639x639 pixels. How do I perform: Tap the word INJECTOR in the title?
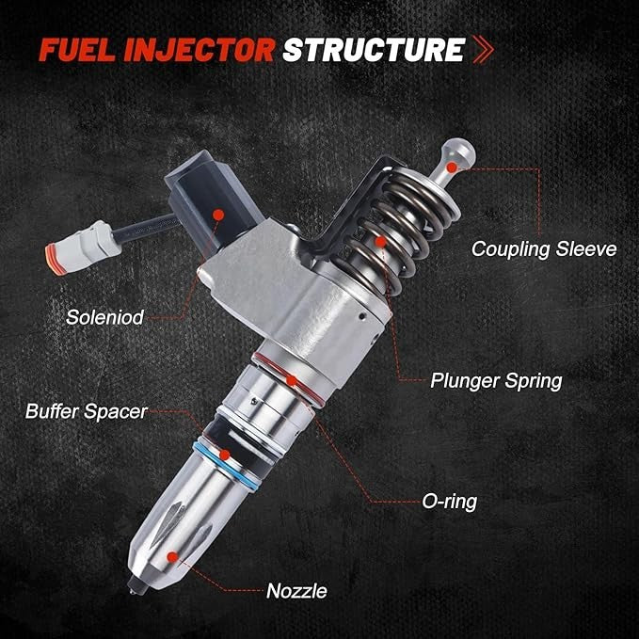[195, 49]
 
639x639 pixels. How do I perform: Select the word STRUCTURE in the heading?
[373, 49]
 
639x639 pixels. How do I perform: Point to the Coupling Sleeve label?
[543, 249]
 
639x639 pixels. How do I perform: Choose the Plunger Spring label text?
[496, 381]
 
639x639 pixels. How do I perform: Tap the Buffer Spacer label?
[86, 411]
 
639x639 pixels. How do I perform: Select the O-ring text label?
[448, 502]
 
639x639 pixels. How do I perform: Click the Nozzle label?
[296, 591]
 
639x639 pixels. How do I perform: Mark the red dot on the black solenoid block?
[218, 215]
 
